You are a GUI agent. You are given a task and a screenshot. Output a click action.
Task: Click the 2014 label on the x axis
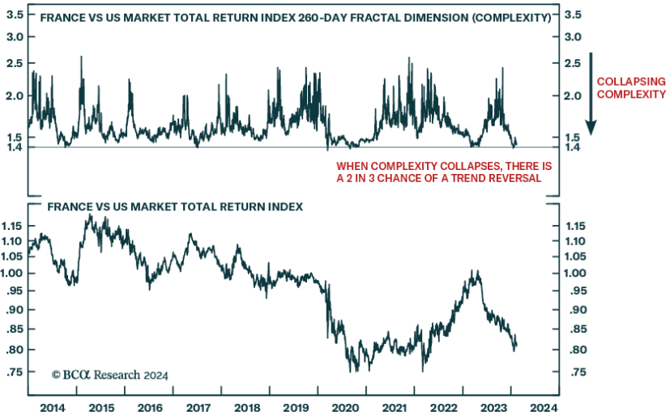coord(53,407)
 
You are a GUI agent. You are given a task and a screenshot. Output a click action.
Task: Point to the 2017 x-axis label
coord(200,407)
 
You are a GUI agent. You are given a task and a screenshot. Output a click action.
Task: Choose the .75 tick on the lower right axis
coord(574,372)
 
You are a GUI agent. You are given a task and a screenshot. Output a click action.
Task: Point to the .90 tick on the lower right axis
coord(574,310)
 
